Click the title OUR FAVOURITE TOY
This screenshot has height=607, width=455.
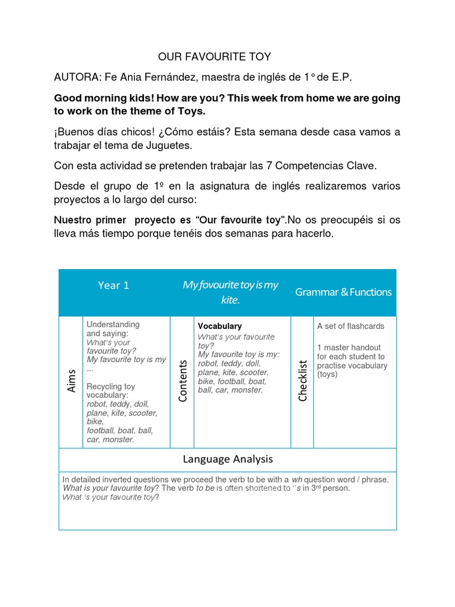point(214,57)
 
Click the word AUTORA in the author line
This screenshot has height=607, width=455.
point(75,78)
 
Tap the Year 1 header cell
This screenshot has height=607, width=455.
point(114,285)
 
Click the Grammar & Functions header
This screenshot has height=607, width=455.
point(343,292)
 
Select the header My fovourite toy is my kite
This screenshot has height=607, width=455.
point(230,292)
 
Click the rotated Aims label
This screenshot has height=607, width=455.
point(72,381)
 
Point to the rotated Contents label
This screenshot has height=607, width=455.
point(183,381)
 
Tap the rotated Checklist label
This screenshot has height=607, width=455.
point(303,381)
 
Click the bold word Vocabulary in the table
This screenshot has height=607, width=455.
point(219,326)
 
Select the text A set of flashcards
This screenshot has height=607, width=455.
point(350,326)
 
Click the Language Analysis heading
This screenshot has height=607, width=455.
point(227,458)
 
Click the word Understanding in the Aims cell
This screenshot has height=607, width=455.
point(113,325)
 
